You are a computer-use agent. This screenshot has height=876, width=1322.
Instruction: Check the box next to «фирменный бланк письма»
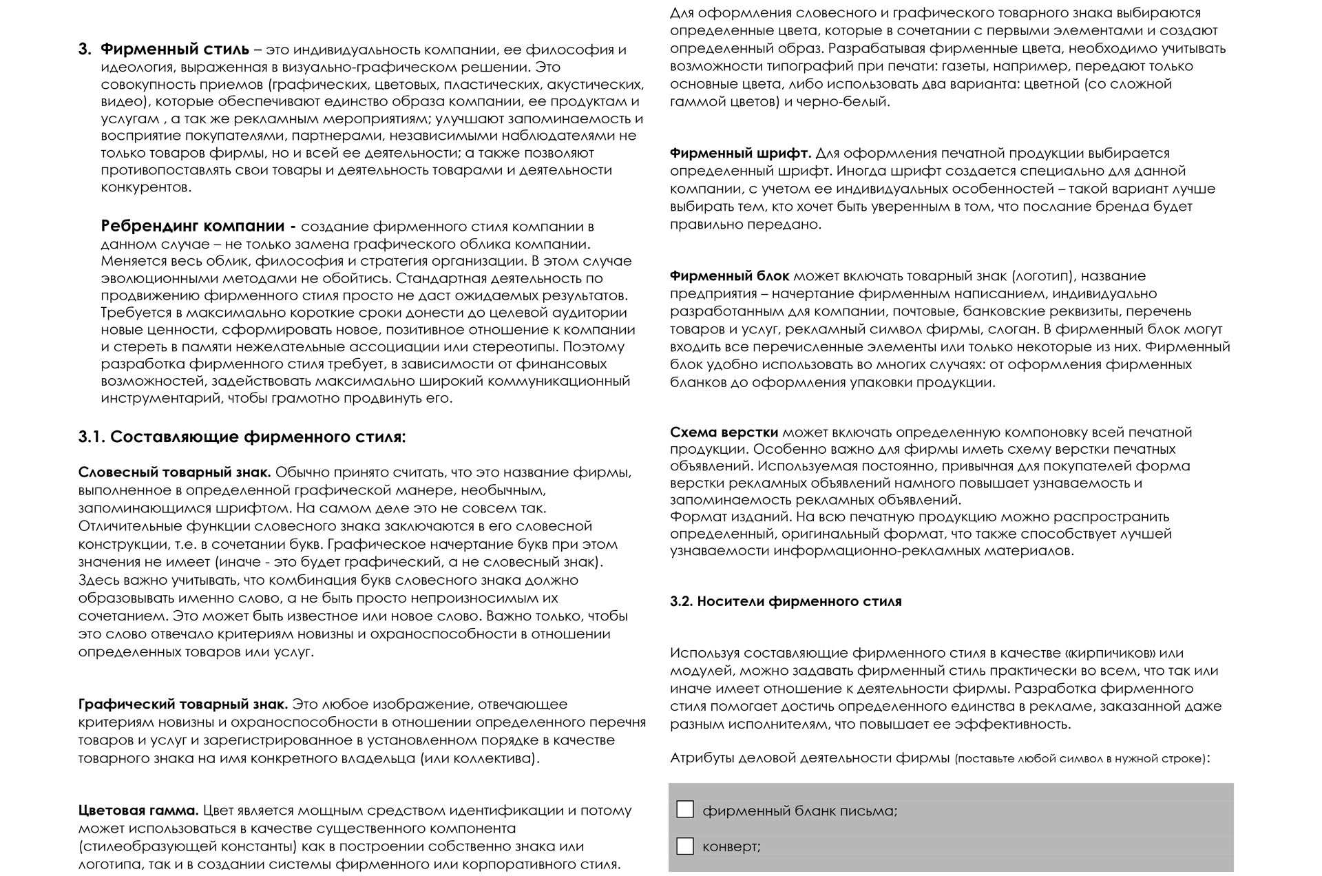click(685, 809)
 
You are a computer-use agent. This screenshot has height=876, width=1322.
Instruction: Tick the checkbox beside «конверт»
click(685, 846)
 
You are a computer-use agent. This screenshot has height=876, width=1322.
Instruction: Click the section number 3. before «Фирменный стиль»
click(85, 50)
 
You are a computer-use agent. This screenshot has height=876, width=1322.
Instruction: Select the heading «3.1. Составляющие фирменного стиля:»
click(242, 437)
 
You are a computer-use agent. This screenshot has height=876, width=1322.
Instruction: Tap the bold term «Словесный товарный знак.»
click(175, 472)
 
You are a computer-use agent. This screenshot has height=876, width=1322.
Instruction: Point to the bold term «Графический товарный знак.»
click(183, 705)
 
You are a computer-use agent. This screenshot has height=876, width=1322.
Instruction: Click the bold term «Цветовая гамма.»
click(138, 811)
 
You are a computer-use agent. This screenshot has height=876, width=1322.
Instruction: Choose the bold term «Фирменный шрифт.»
click(740, 153)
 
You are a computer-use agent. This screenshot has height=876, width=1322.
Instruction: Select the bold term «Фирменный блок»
click(730, 276)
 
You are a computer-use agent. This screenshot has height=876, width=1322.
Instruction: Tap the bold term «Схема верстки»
click(724, 432)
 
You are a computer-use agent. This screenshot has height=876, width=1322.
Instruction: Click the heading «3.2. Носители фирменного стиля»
click(786, 601)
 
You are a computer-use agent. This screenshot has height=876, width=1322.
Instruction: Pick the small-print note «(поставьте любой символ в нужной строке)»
click(1080, 759)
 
